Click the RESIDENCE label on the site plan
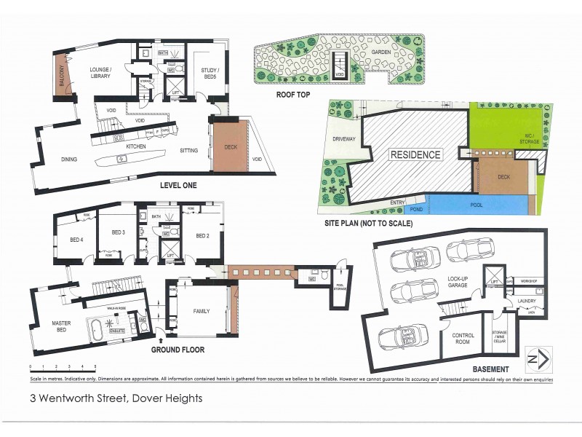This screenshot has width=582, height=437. [x=415, y=154]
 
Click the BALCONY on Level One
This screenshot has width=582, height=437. [x=62, y=74]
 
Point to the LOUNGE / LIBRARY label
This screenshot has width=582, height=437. [x=100, y=72]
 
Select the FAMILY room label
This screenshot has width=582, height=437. [x=201, y=311]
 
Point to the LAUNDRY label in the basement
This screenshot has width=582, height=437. [x=526, y=300]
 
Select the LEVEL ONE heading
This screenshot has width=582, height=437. [x=178, y=185]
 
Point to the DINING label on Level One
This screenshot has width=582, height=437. [x=69, y=158]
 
